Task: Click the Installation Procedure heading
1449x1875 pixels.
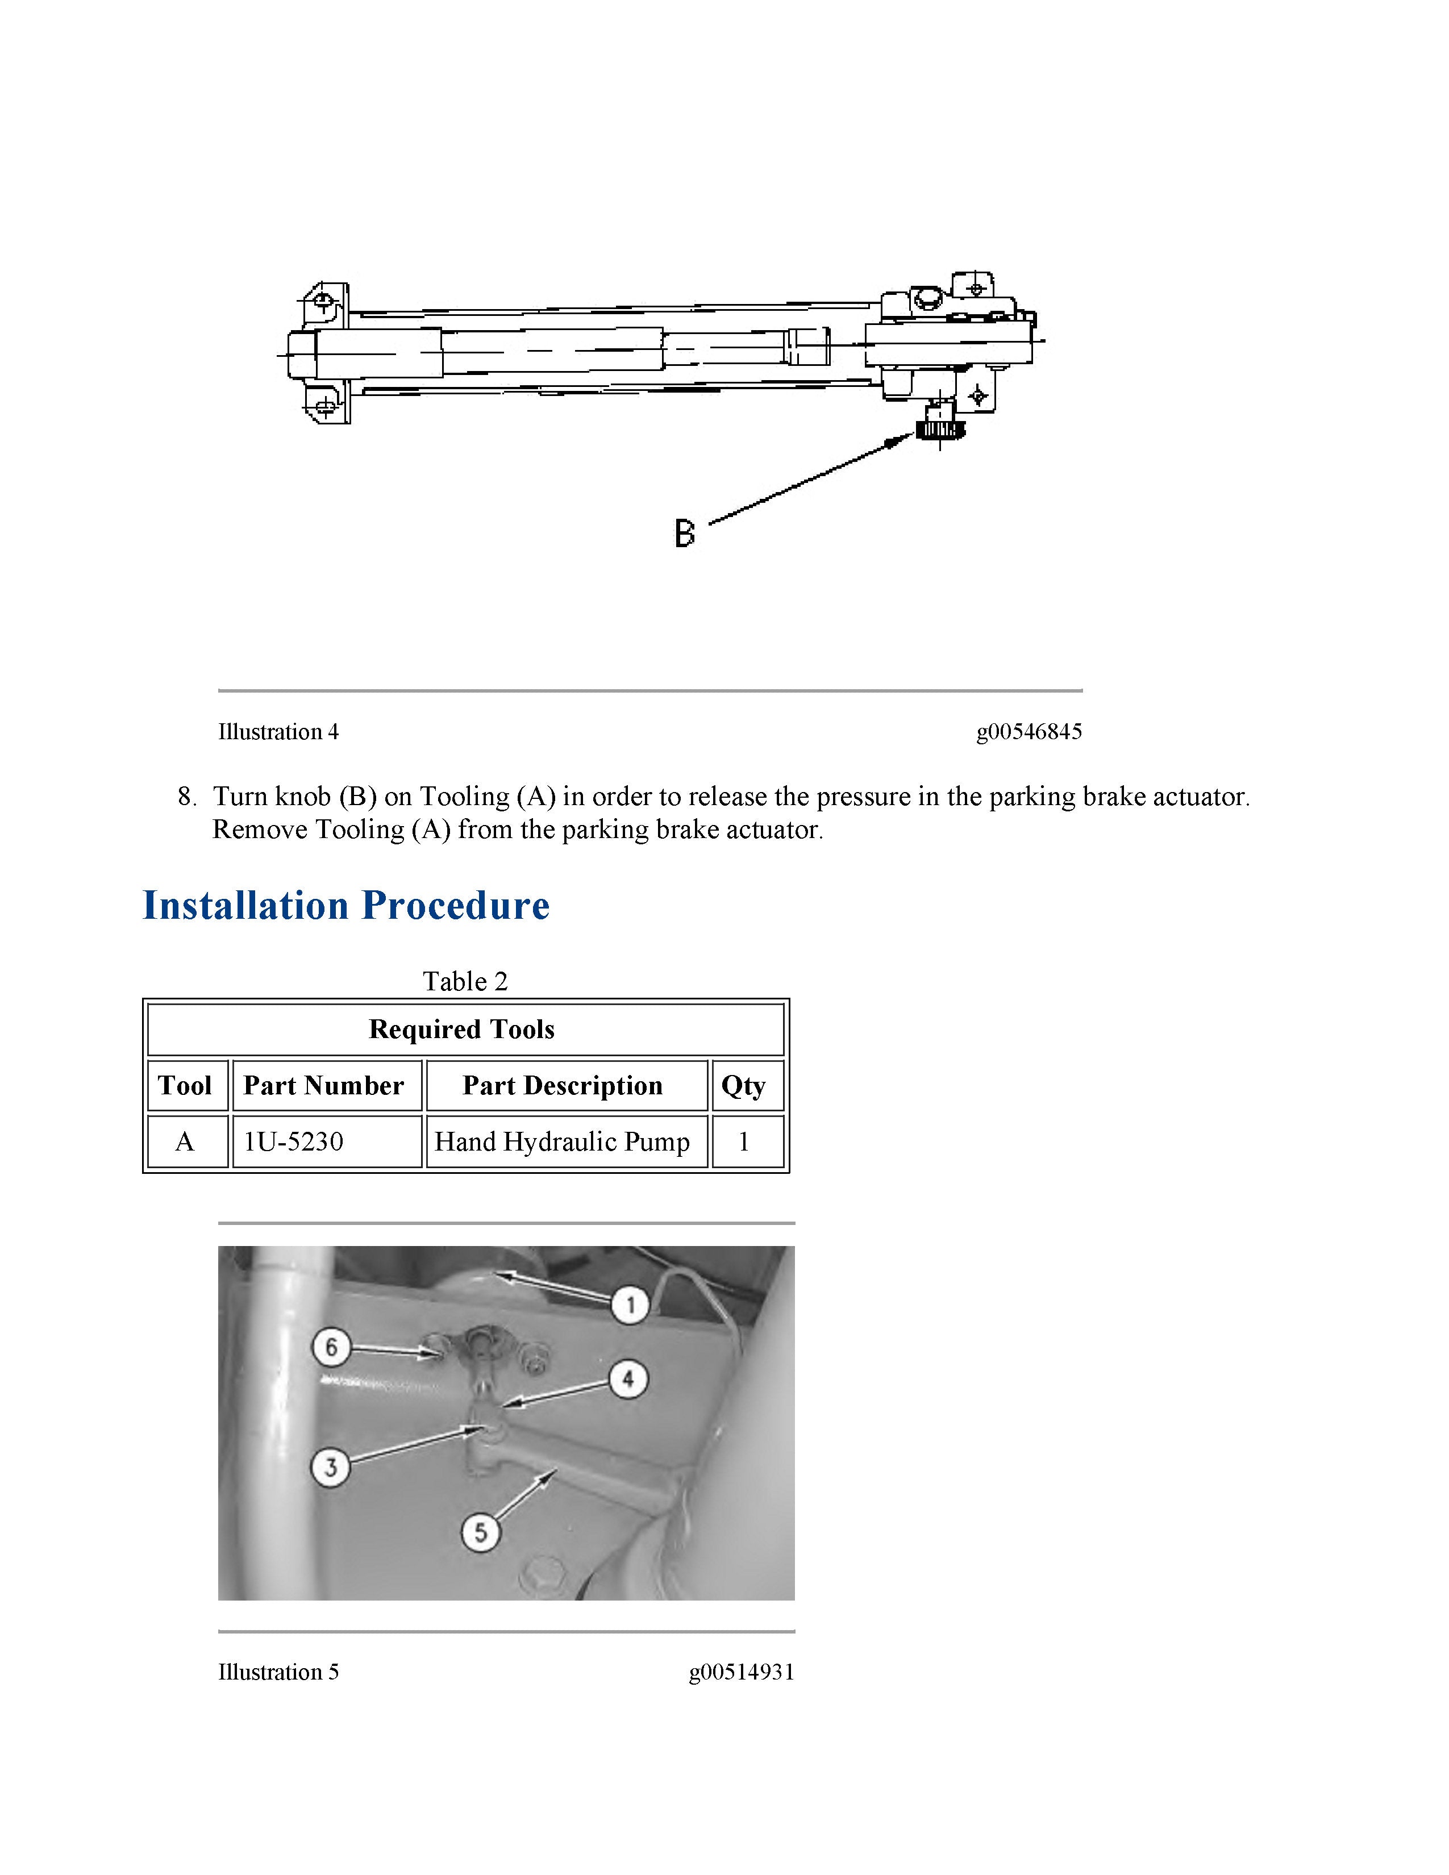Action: [346, 906]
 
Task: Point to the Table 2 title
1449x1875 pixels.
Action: [465, 981]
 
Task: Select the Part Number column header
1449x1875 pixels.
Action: [324, 1085]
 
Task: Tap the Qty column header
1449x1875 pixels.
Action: [743, 1085]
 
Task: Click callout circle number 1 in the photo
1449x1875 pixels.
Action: [631, 1306]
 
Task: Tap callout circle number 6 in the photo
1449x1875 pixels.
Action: [331, 1347]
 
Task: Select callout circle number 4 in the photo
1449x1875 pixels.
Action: [628, 1380]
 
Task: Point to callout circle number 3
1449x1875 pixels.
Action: [331, 1466]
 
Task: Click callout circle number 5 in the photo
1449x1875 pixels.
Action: [481, 1532]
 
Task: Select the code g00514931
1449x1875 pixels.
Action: [741, 1672]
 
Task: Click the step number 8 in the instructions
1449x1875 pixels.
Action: [186, 797]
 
